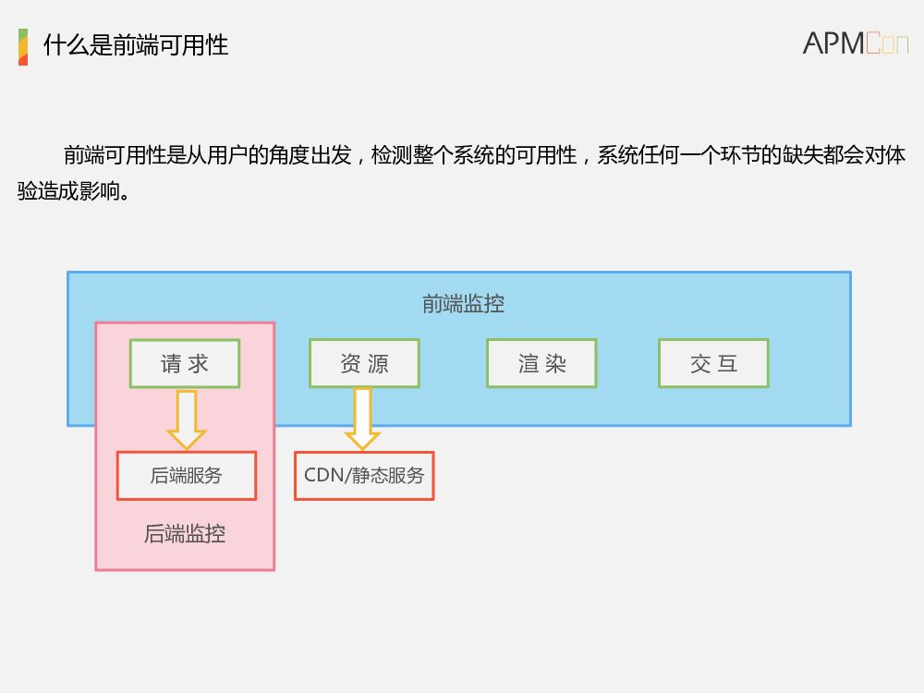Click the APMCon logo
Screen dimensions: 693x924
click(855, 43)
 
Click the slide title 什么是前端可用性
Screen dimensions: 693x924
click(136, 45)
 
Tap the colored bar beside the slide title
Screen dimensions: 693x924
click(23, 47)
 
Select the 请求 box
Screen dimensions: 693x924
click(185, 363)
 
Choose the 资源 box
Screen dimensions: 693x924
click(364, 363)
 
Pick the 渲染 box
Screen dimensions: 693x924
click(541, 363)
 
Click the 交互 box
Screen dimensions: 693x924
click(713, 363)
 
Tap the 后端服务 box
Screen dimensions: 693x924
click(187, 476)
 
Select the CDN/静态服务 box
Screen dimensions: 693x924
click(364, 476)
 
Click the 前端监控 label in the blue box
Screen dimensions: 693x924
click(463, 304)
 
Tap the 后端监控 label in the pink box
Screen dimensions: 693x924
click(185, 534)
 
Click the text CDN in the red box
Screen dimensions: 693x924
click(323, 476)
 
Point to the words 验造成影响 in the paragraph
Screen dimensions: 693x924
click(74, 192)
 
